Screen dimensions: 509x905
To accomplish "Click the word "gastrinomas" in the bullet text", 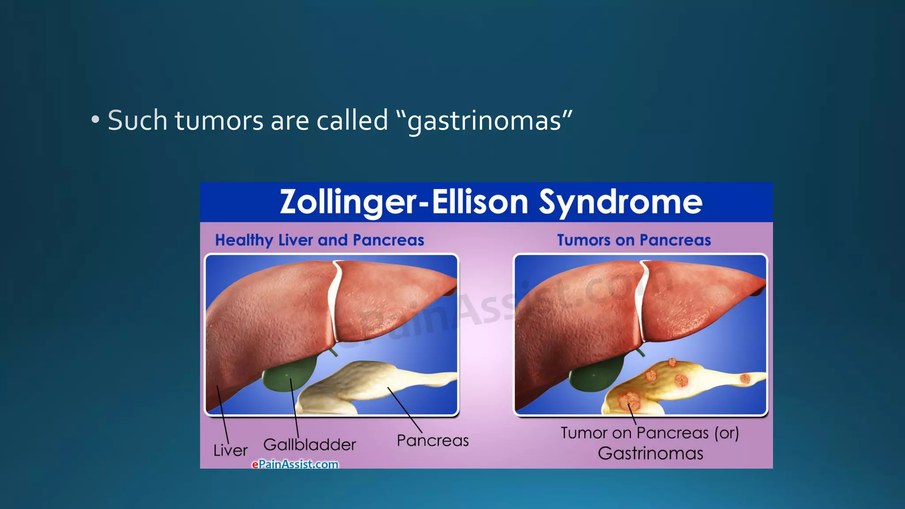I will (x=484, y=121).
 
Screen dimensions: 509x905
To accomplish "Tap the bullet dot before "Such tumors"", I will (x=95, y=120).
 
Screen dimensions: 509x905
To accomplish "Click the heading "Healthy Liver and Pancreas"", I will (x=319, y=240).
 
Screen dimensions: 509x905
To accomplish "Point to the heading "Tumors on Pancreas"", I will (x=634, y=240).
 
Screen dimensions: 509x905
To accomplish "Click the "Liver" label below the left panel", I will (x=230, y=451).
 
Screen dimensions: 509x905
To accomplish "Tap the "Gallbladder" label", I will (x=309, y=444).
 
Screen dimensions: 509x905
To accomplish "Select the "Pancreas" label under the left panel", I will (x=432, y=441).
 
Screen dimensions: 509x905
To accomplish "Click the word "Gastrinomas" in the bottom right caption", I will (x=650, y=454).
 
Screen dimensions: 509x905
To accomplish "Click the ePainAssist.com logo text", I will (x=295, y=464).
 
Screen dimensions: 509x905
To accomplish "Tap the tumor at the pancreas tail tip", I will (x=745, y=378).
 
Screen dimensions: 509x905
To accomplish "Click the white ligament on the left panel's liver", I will (x=334, y=300).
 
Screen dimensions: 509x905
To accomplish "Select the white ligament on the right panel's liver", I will (x=641, y=300).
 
